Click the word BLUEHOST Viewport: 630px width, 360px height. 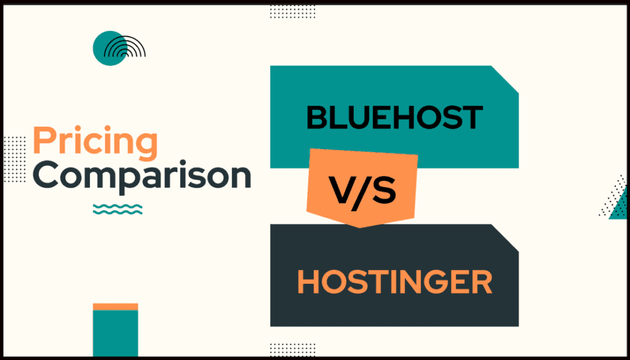[x=394, y=118]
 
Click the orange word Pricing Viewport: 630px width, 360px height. [x=95, y=142]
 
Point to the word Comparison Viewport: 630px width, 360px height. [x=142, y=175]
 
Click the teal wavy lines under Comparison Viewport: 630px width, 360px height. [x=118, y=209]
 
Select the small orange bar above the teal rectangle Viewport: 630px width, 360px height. [x=115, y=306]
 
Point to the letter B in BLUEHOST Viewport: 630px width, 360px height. [x=317, y=118]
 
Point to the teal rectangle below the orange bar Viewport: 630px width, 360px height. [x=115, y=332]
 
